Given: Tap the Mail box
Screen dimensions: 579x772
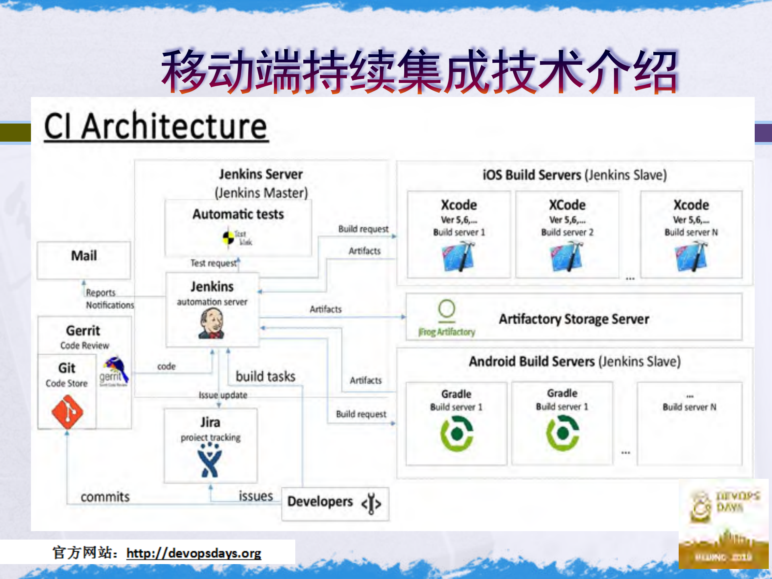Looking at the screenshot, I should pos(84,260).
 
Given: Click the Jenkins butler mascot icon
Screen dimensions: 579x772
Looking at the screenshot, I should pos(211,324).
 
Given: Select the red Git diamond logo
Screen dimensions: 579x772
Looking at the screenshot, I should pos(67,411).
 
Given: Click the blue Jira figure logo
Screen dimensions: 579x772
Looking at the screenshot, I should pos(210,461).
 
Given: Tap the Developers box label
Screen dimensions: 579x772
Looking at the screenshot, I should pos(320,502).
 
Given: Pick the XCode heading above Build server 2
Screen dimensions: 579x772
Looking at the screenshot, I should pos(567,205).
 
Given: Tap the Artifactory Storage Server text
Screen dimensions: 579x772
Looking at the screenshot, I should pos(574,319).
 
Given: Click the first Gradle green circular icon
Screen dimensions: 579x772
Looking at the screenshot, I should pos(457,433).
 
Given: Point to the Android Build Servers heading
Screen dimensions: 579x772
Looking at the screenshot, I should pos(574,361).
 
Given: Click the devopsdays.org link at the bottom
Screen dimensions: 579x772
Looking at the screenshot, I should pos(194,553).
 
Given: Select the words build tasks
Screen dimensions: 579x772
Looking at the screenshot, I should pos(266,376).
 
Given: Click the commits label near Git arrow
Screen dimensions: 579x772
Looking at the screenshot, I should pos(105,497).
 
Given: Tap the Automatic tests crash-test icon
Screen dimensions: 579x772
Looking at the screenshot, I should pos(228,237).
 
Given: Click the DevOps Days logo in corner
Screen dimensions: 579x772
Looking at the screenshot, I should pos(724,523).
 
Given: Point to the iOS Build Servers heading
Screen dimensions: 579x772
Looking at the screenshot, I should pos(574,175).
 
